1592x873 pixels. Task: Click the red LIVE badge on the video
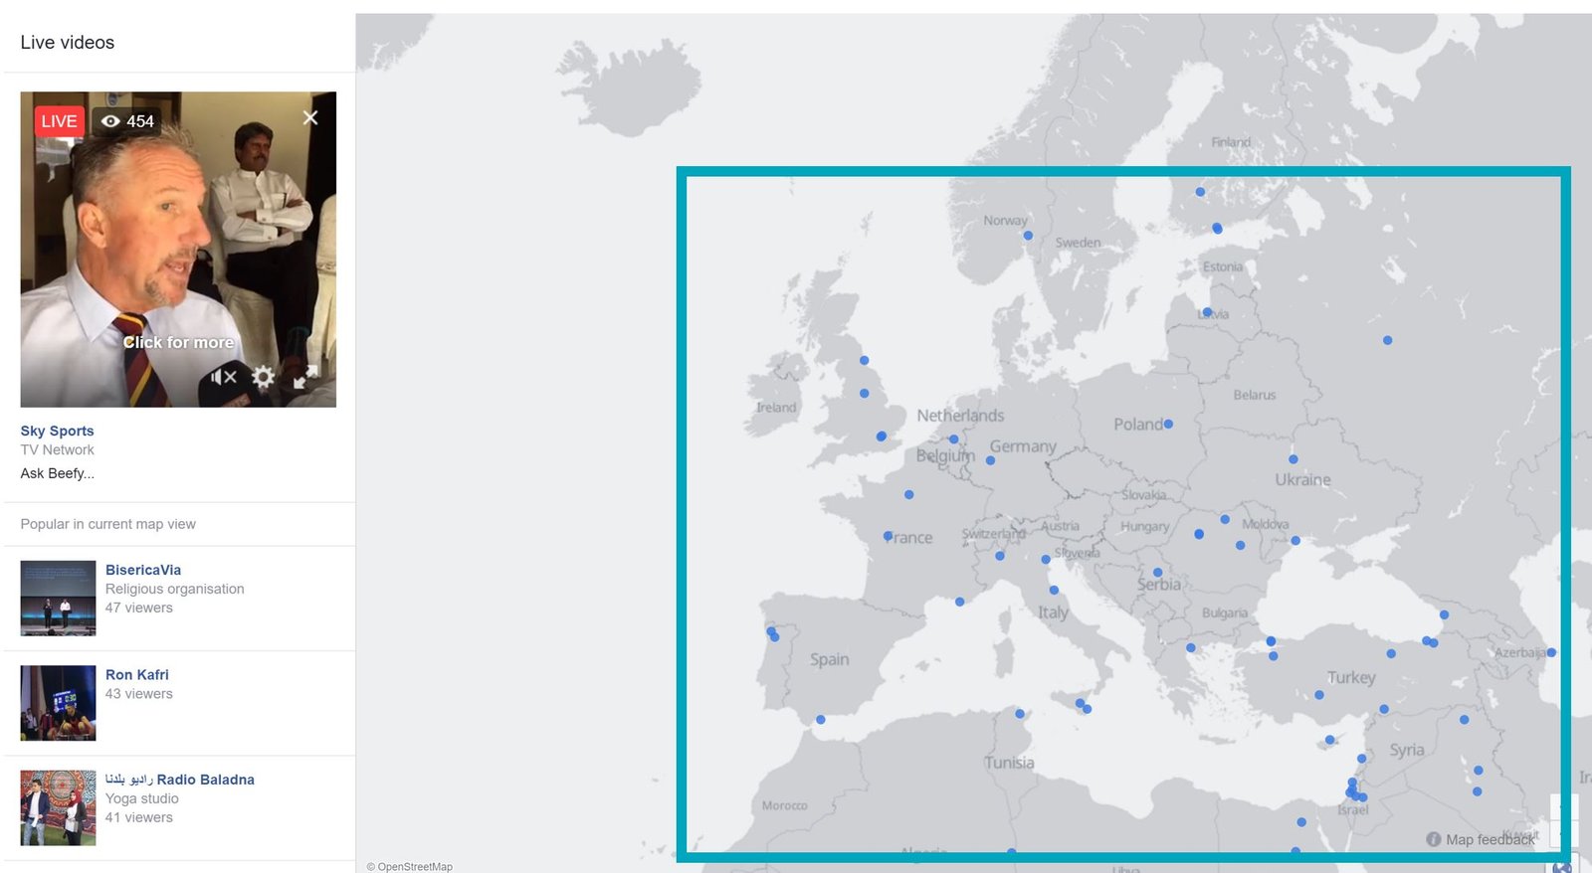pyautogui.click(x=59, y=121)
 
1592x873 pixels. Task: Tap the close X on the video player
pyautogui.click(x=310, y=118)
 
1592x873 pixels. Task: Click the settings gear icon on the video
pyautogui.click(x=263, y=377)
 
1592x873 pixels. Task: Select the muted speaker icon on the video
pyautogui.click(x=224, y=377)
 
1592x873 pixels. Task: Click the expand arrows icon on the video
pyautogui.click(x=305, y=377)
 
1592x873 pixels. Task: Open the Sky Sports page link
pyautogui.click(x=57, y=431)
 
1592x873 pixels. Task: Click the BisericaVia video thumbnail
pyautogui.click(x=58, y=598)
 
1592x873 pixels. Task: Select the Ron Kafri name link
pyautogui.click(x=137, y=674)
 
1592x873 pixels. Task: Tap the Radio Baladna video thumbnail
pyautogui.click(x=58, y=807)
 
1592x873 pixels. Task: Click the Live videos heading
pyautogui.click(x=68, y=43)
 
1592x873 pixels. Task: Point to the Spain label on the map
pyautogui.click(x=829, y=659)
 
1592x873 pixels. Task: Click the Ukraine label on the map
pyautogui.click(x=1302, y=480)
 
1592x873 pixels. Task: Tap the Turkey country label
pyautogui.click(x=1351, y=678)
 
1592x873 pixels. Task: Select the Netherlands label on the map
pyautogui.click(x=960, y=416)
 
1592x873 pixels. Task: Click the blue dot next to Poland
pyautogui.click(x=1168, y=424)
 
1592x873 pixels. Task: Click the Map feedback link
pyautogui.click(x=1490, y=839)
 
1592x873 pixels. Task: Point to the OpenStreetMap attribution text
pyautogui.click(x=410, y=867)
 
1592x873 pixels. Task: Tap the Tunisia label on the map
pyautogui.click(x=1009, y=763)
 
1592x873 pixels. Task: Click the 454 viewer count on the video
pyautogui.click(x=139, y=121)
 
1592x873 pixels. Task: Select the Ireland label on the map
pyautogui.click(x=776, y=408)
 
